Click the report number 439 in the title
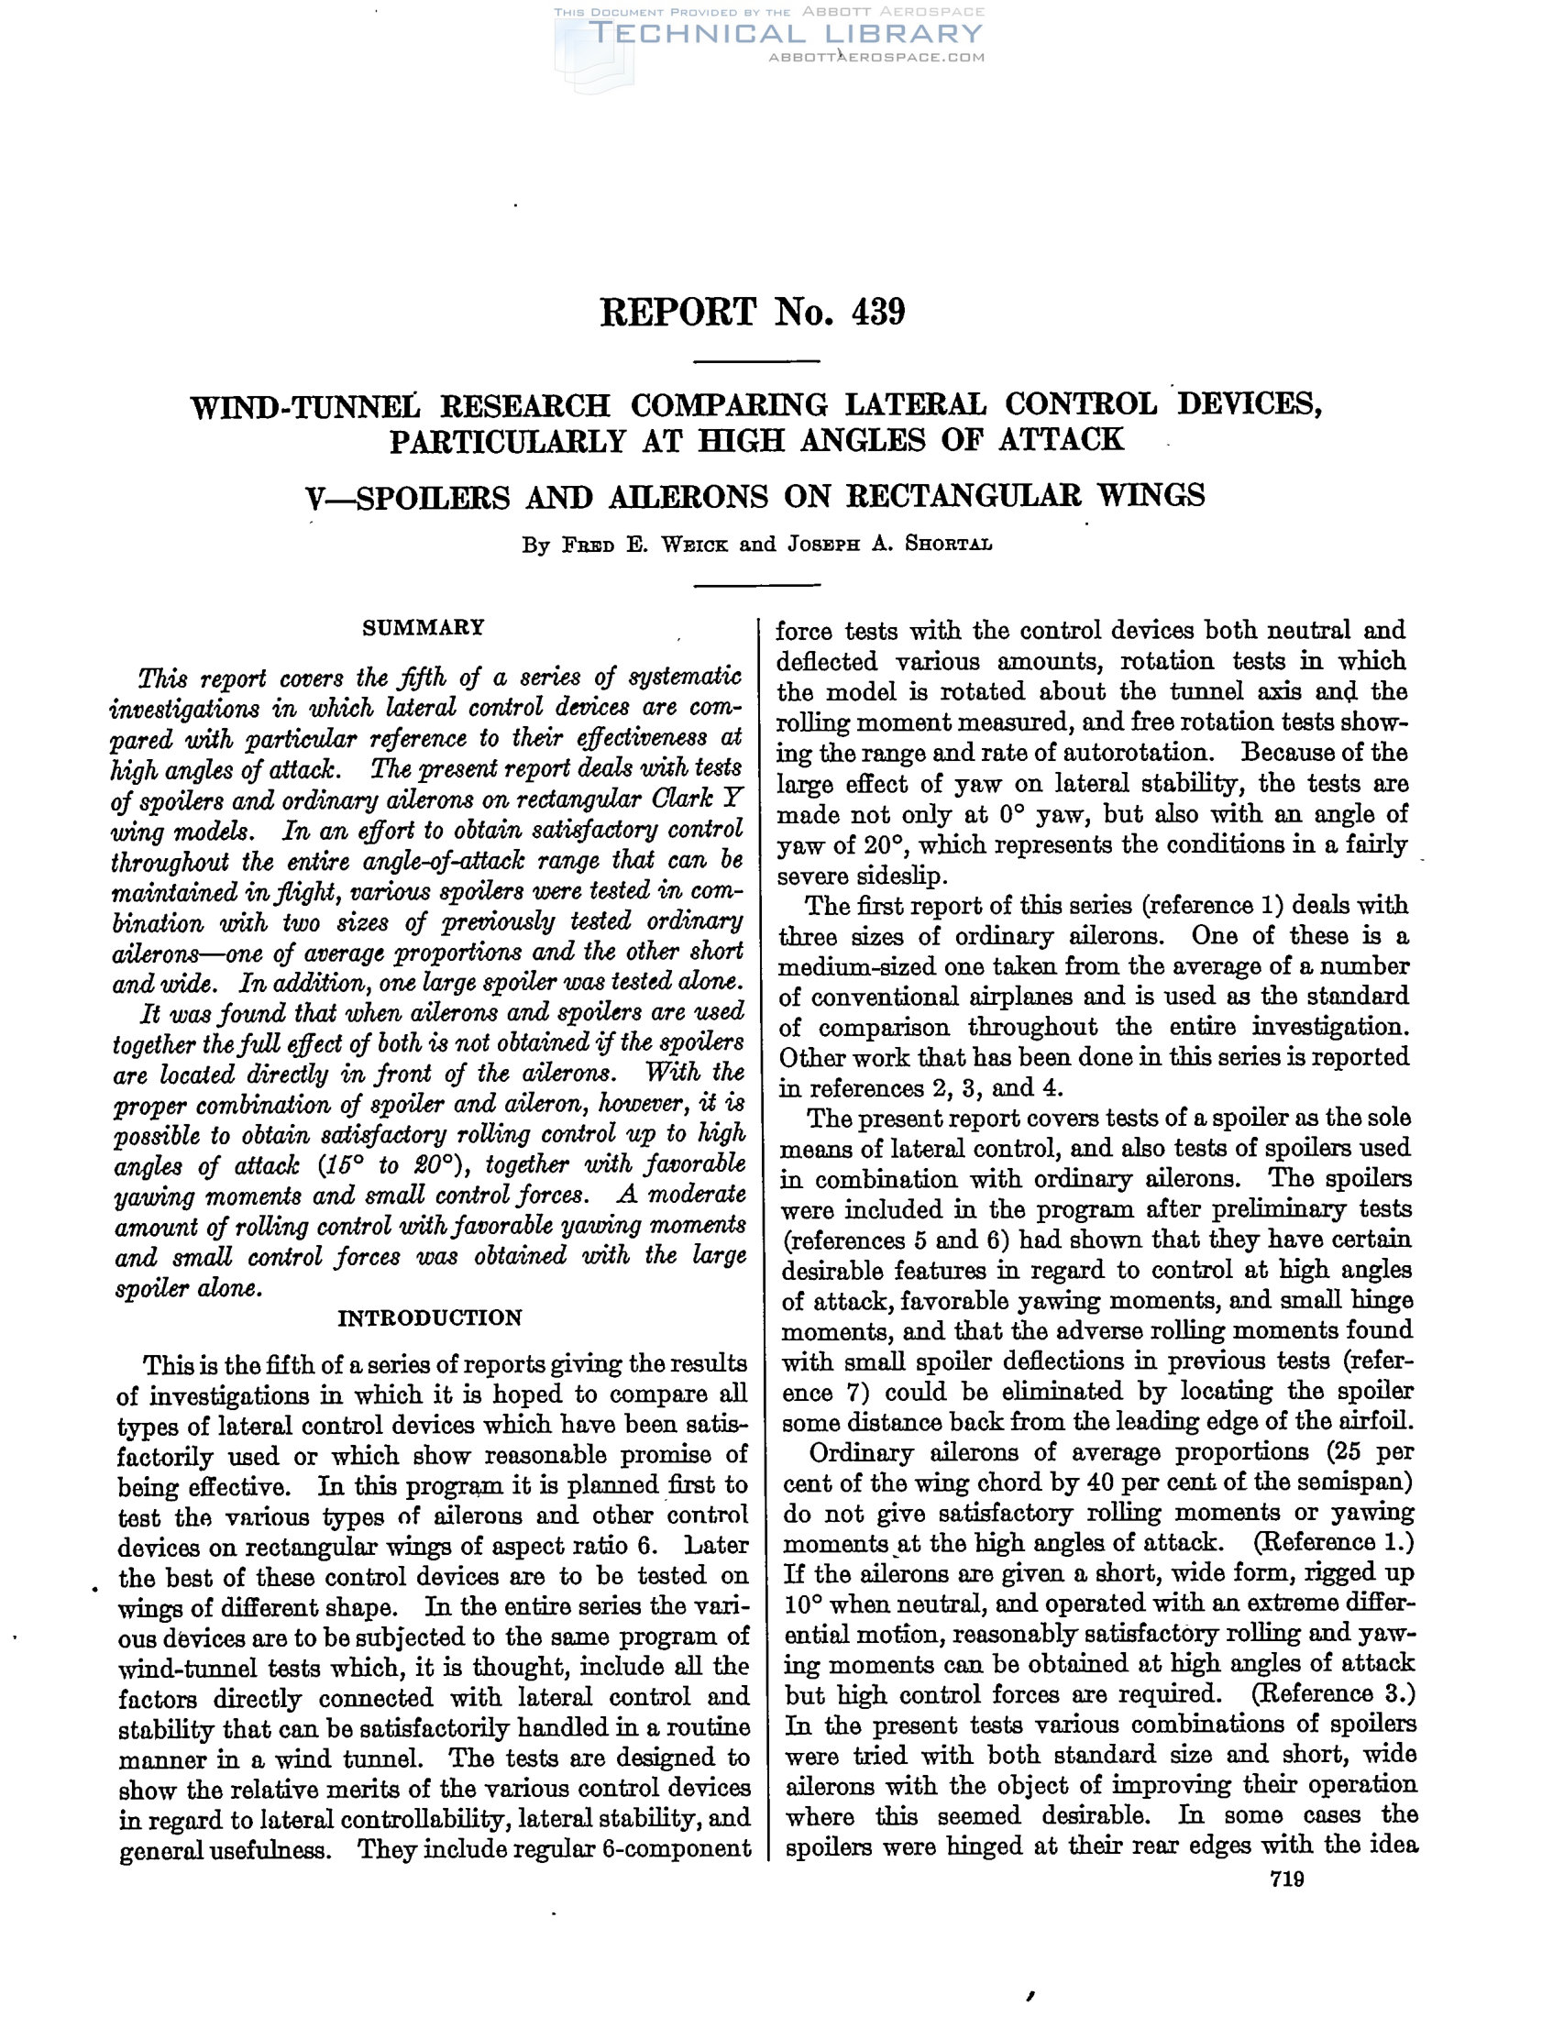click(x=878, y=313)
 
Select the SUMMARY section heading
click(x=423, y=628)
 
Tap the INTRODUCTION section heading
click(x=429, y=1317)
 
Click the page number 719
click(x=1286, y=1879)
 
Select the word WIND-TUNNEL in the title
click(x=304, y=406)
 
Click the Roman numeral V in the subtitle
click(x=314, y=497)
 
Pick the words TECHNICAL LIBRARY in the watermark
click(x=785, y=34)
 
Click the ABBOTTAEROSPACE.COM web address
click(x=876, y=57)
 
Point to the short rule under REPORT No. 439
click(x=756, y=361)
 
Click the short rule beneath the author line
click(x=756, y=585)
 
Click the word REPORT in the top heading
click(x=677, y=313)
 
